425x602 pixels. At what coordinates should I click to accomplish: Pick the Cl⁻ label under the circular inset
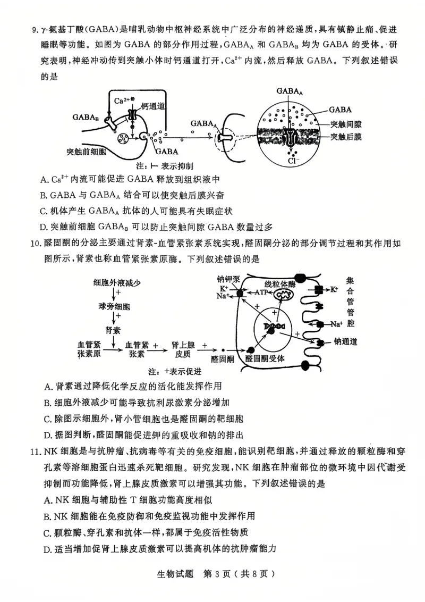click(x=292, y=160)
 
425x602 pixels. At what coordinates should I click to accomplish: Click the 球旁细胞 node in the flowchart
click(x=114, y=307)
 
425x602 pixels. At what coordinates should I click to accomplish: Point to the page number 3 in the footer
click(x=208, y=574)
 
